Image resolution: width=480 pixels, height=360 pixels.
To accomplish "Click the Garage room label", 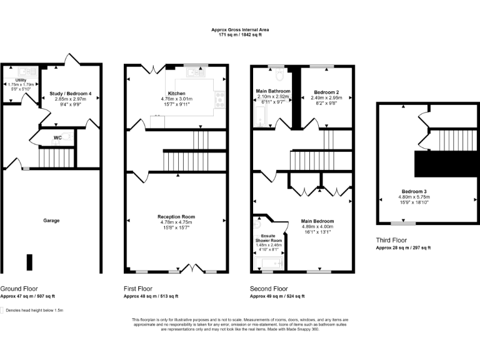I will pos(51,221).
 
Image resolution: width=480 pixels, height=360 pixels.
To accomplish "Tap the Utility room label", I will pos(21,81).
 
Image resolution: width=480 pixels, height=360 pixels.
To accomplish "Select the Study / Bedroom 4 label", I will pos(70,94).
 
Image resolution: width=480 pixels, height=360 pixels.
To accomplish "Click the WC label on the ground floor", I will pos(57,137).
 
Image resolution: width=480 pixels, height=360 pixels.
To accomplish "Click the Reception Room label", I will pos(176,217).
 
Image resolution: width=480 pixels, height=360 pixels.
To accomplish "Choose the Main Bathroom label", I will pos(273,91).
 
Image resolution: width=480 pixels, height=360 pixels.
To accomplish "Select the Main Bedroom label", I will pos(317,221).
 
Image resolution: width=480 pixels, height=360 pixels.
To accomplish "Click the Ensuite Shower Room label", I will pos(269,238).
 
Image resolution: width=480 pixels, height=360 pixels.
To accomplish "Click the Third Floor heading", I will pos(391,240).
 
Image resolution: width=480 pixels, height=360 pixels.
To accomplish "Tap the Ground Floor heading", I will pos(19,289).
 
